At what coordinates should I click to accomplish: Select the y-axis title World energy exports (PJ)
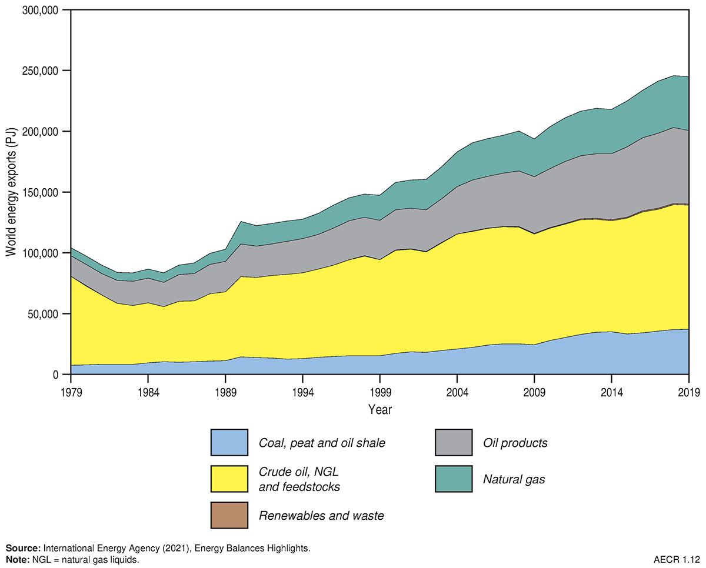[11, 192]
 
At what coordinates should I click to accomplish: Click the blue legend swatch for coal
[229, 443]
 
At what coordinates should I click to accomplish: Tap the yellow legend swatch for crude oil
[229, 479]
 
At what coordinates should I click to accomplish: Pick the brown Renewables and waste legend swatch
[229, 516]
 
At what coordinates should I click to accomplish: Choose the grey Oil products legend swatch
[453, 443]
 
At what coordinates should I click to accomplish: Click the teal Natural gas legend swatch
[453, 479]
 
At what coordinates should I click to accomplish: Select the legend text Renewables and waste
[321, 516]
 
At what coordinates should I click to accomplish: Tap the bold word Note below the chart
[16, 559]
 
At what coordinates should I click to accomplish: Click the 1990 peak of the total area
[241, 222]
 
